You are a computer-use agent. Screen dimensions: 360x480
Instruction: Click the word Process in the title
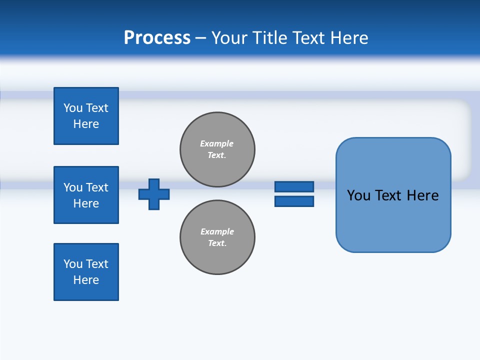pyautogui.click(x=157, y=38)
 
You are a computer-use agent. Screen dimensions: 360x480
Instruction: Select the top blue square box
pyautogui.click(x=86, y=116)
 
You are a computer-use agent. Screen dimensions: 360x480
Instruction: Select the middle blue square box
pyautogui.click(x=86, y=195)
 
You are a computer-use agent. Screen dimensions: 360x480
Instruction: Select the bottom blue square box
pyautogui.click(x=86, y=272)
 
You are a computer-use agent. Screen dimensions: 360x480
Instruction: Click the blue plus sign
pyautogui.click(x=154, y=194)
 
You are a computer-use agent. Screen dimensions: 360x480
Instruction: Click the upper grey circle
pyautogui.click(x=217, y=149)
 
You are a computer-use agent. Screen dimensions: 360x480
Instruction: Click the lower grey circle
pyautogui.click(x=217, y=237)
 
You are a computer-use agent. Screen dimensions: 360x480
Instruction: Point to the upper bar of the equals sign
pyautogui.click(x=294, y=186)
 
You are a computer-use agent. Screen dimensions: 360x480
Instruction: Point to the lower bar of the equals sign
pyautogui.click(x=294, y=201)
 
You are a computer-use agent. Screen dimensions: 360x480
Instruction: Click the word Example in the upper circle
pyautogui.click(x=216, y=143)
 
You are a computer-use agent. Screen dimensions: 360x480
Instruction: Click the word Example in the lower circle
pyautogui.click(x=217, y=231)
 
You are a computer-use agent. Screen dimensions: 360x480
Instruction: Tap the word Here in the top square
pyautogui.click(x=86, y=124)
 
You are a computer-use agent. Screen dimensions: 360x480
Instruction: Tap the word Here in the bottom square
pyautogui.click(x=86, y=280)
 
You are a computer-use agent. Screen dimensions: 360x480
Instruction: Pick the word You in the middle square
pyautogui.click(x=72, y=187)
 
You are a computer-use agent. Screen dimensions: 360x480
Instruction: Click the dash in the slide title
pyautogui.click(x=200, y=38)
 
